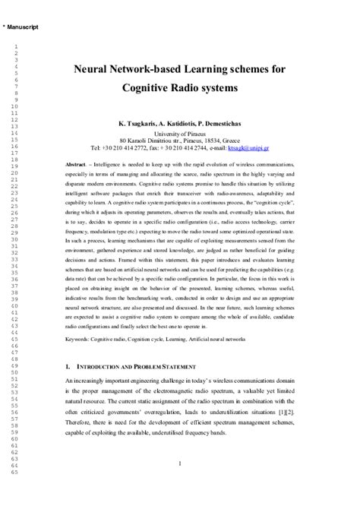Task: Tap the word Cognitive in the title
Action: point(147,87)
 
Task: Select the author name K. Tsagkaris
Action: point(137,123)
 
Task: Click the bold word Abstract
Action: point(76,165)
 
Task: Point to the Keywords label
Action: point(81,335)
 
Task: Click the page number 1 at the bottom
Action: point(179,463)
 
